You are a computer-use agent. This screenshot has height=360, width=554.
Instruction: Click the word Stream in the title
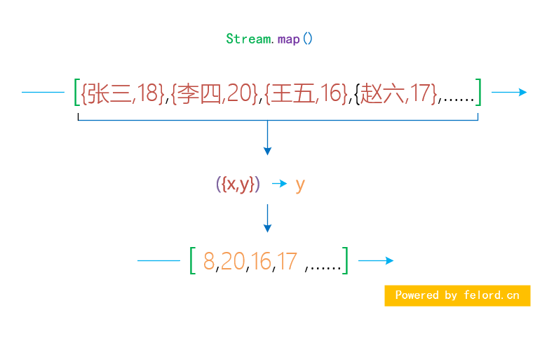(248, 39)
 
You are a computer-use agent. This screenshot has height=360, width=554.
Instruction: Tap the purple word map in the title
(288, 39)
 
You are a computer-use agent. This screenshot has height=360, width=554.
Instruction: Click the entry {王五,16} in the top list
(306, 93)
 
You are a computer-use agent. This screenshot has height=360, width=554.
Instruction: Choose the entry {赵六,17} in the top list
(396, 93)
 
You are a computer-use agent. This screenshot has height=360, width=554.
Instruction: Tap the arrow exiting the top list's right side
(509, 92)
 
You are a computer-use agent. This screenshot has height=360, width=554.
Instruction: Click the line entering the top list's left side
(43, 92)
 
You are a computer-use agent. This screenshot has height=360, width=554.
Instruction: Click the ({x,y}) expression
(238, 185)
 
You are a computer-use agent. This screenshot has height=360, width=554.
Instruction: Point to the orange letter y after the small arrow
(300, 185)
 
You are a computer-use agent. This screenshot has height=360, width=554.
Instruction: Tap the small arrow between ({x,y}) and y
(279, 184)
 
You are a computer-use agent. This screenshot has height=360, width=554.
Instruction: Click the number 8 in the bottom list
(208, 261)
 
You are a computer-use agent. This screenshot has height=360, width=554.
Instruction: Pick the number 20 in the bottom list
(233, 261)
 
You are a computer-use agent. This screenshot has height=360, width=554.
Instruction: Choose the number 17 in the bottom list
(287, 261)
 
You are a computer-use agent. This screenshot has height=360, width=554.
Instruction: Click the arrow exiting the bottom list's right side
(376, 260)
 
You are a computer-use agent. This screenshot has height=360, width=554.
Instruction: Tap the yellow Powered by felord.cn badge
(457, 295)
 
